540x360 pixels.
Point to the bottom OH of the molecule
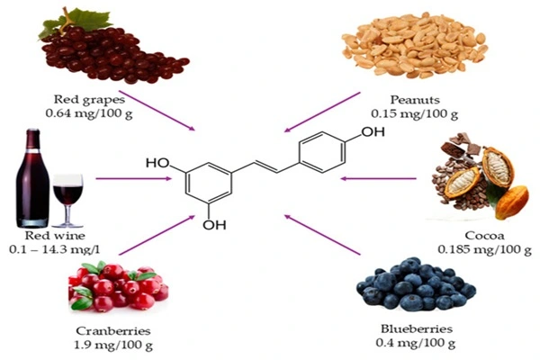coord(213,225)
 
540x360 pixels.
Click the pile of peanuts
coord(414,49)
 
